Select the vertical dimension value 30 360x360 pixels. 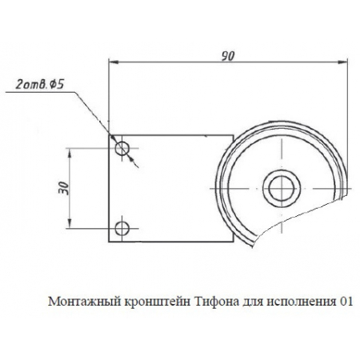coord(62,189)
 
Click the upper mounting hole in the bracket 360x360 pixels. coord(122,149)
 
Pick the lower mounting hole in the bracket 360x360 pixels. coord(122,229)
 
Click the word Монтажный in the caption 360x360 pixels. coord(79,302)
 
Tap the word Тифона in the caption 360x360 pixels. coord(217,302)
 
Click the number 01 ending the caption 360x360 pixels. coord(345,302)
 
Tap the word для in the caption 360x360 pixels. coord(252,302)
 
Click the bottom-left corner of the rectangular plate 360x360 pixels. coord(109,242)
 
